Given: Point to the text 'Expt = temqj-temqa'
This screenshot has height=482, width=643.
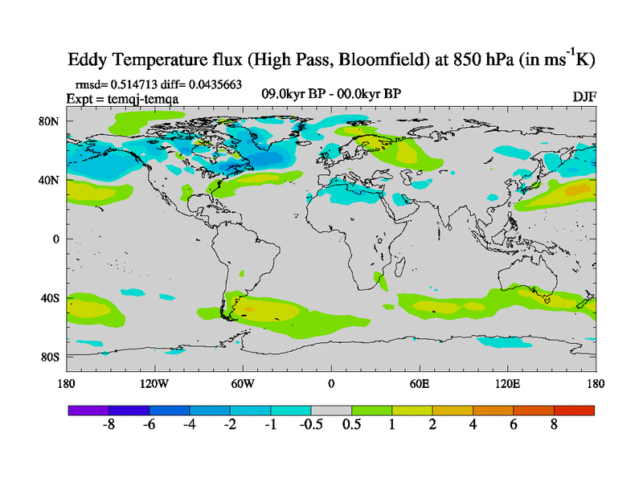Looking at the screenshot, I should click(x=121, y=98).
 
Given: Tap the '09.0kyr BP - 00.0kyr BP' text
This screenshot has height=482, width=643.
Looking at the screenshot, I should click(x=331, y=94).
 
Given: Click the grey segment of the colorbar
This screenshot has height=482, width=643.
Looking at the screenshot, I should click(x=331, y=411).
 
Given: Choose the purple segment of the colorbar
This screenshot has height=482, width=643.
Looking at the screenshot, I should click(x=88, y=411).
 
